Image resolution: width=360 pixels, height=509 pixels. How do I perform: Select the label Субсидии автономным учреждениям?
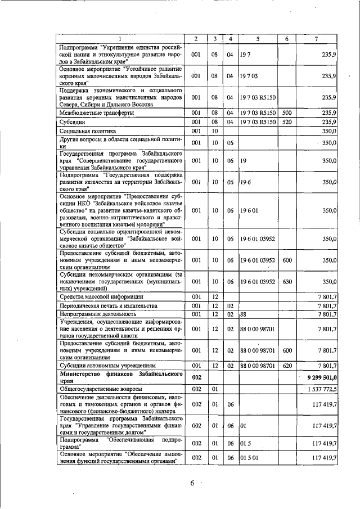(107, 365)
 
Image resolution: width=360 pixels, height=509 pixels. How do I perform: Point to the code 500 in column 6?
(286, 112)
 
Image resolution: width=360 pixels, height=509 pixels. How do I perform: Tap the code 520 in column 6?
(286, 121)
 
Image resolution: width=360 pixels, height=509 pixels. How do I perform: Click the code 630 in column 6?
(286, 281)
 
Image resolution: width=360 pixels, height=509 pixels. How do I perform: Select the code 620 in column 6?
(286, 365)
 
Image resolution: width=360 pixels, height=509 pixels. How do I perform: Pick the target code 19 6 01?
(249, 210)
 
